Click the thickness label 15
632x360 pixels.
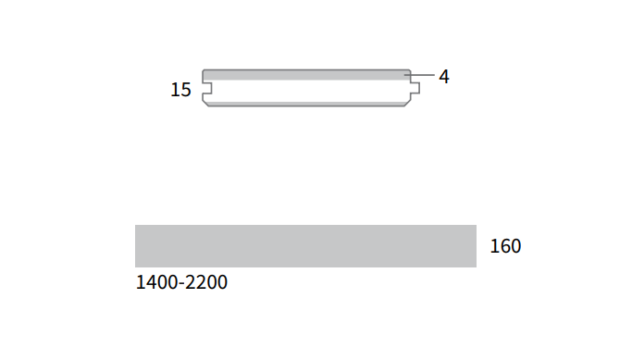[180, 90]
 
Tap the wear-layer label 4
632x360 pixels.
[444, 77]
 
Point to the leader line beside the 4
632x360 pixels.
[419, 75]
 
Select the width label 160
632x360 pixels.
[505, 246]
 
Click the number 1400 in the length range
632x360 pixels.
[156, 282]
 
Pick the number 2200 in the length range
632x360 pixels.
[206, 282]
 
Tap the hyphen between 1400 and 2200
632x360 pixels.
[181, 284]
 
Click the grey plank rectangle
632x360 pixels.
[305, 246]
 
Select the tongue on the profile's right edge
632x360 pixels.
[415, 88]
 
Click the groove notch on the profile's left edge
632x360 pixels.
[207, 88]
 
